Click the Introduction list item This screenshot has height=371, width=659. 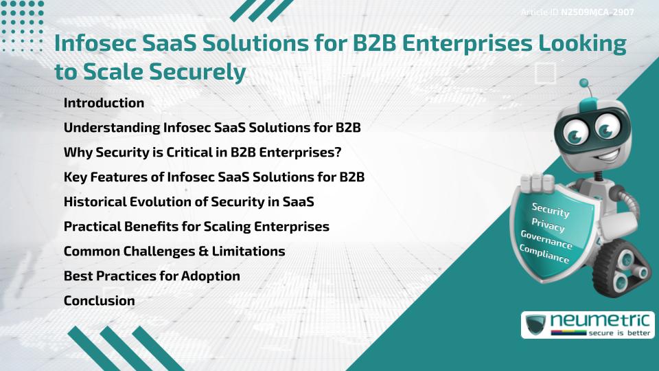click(x=104, y=102)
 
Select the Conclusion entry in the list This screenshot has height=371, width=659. click(x=99, y=300)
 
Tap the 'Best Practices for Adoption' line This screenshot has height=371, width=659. click(x=152, y=276)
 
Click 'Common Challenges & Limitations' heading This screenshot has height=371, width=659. click(x=174, y=251)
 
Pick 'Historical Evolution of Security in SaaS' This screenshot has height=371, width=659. click(x=189, y=202)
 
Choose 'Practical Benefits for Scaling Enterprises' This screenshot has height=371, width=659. click(x=196, y=227)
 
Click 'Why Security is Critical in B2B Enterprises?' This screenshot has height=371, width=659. click(x=202, y=153)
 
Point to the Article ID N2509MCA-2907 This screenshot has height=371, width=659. click(x=577, y=12)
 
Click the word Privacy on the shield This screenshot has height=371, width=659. click(x=548, y=225)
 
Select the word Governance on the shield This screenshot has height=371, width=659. click(x=546, y=239)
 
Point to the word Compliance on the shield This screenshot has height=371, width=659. click(x=544, y=254)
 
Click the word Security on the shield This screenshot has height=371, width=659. click(x=551, y=210)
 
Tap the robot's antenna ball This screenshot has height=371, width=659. click(x=583, y=83)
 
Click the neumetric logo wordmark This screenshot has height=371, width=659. click(x=600, y=321)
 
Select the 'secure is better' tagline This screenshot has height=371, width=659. click(x=619, y=333)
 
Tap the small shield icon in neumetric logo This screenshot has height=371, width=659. click(x=536, y=324)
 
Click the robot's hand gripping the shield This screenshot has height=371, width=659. click(x=536, y=183)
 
